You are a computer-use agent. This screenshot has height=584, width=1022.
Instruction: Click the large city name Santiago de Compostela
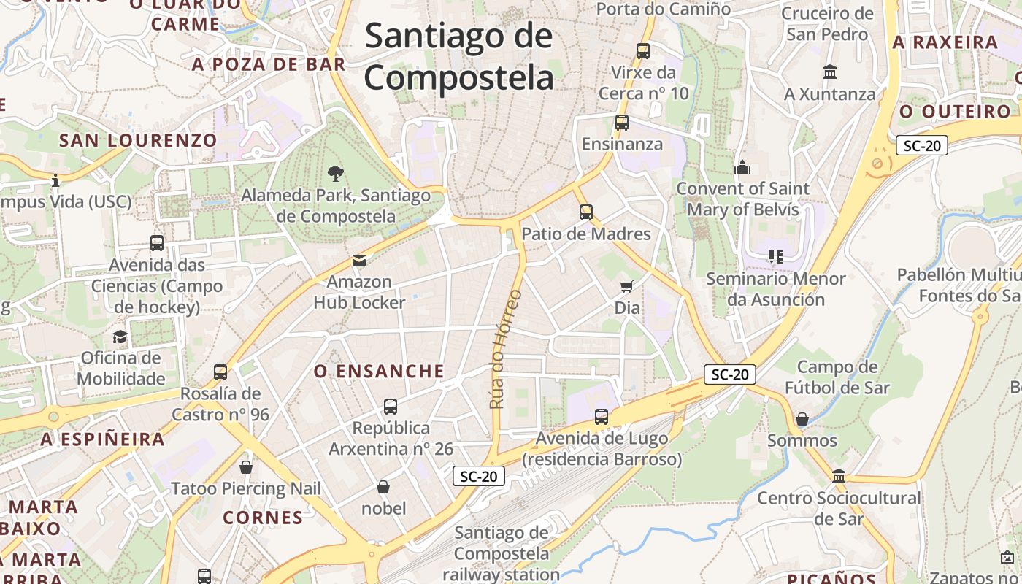point(459,57)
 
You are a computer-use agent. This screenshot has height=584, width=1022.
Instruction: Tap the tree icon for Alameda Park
point(336,174)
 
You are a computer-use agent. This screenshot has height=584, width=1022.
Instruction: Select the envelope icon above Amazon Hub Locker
point(358,260)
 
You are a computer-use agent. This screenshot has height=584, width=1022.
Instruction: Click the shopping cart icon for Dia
point(626,285)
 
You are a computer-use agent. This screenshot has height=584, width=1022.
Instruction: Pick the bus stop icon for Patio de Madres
point(586,212)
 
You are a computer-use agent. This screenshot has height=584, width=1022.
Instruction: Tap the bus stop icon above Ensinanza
point(622,123)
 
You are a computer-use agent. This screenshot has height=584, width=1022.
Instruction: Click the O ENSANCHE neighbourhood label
point(379,372)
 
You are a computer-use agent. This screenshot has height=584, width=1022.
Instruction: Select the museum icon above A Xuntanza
point(830,72)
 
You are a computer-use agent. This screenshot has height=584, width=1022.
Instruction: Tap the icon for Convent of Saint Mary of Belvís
point(742,167)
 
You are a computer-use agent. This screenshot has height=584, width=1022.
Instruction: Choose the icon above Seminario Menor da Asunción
point(775,257)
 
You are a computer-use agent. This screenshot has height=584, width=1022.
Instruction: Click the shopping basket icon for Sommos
point(802,419)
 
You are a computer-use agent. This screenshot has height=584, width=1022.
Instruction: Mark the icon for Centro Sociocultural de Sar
point(839,476)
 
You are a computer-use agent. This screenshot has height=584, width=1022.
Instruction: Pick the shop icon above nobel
point(383,486)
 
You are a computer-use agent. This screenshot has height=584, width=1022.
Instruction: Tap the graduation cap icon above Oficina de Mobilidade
point(120,337)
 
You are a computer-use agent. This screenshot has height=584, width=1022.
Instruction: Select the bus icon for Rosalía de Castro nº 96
point(220,372)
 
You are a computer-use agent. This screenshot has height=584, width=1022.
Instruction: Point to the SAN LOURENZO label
point(138,140)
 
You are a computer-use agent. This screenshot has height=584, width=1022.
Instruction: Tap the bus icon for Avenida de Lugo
point(602,417)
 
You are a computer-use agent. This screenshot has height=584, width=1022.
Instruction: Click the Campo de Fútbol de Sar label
point(837,377)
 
